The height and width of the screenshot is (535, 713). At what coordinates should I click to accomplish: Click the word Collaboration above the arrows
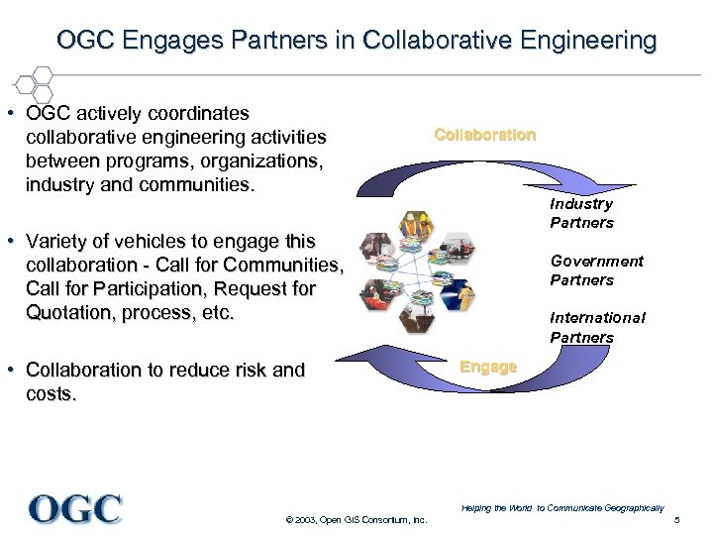tap(484, 135)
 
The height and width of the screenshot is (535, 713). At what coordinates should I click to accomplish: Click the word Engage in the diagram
tap(488, 367)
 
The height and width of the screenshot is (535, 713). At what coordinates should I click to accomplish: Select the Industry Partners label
tap(581, 213)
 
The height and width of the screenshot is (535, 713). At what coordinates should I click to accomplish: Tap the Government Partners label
tap(596, 270)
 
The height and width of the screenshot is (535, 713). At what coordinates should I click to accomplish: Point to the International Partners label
tap(597, 327)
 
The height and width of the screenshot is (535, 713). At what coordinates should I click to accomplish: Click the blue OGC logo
tap(76, 508)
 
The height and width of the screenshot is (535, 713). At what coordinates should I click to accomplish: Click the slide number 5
tap(676, 521)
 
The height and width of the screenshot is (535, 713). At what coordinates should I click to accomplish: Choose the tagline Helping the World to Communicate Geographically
tap(561, 508)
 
